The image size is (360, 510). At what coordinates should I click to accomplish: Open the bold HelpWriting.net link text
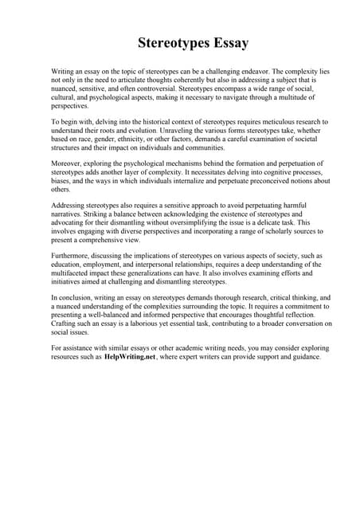(129, 357)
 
